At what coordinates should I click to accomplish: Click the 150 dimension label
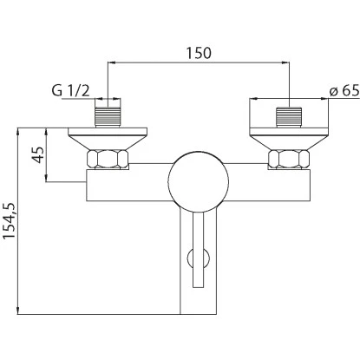(x=199, y=53)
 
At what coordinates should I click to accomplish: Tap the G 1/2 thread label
(x=70, y=91)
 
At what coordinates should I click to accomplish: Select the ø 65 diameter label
(x=344, y=91)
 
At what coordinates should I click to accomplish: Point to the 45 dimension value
(x=38, y=154)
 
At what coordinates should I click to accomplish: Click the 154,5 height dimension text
(x=10, y=220)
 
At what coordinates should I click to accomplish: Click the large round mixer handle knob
(x=199, y=181)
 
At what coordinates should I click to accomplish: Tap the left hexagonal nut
(x=108, y=159)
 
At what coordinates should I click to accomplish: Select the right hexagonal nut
(x=289, y=159)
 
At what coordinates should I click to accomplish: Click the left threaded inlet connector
(x=108, y=117)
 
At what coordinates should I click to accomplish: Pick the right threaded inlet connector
(x=289, y=117)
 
